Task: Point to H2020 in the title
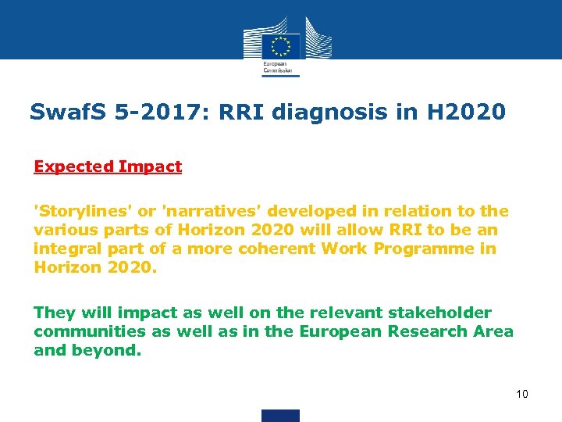[x=466, y=112]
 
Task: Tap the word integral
[x=65, y=249]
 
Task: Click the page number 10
[x=522, y=394]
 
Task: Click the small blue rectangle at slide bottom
[x=280, y=415]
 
